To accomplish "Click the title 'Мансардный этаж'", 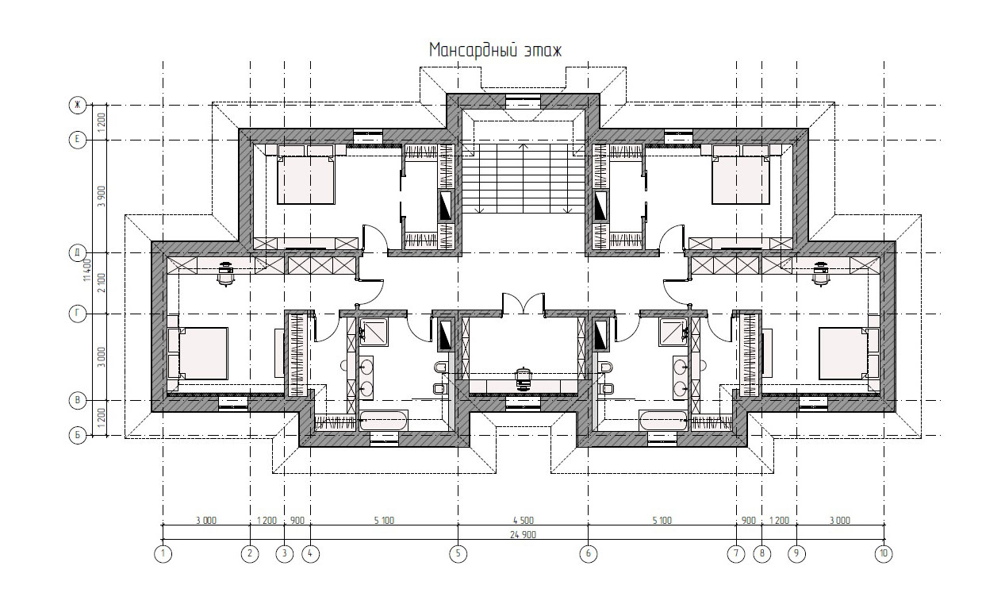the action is click(x=495, y=50).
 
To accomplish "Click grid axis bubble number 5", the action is click(x=458, y=553).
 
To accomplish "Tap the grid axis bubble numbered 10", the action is click(x=884, y=553).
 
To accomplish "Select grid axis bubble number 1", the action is click(x=163, y=553).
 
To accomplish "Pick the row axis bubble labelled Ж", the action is click(x=77, y=105).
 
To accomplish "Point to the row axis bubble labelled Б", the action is click(x=77, y=435).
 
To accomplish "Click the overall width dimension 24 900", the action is click(x=523, y=534).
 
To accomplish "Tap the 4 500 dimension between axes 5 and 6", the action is click(x=524, y=521).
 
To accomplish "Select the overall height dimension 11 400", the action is click(x=87, y=270).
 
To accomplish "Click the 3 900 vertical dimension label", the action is click(x=102, y=196).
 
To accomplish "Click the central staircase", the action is click(x=524, y=179).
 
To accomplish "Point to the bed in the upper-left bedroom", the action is click(x=305, y=179).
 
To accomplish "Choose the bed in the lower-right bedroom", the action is click(x=842, y=353).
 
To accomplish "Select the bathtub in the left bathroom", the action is click(x=384, y=421).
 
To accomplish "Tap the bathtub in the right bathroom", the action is click(x=663, y=421).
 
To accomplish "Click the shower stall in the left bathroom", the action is click(x=374, y=332).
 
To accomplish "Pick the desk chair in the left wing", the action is click(x=225, y=273).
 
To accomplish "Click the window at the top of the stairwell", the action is click(x=524, y=102).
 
